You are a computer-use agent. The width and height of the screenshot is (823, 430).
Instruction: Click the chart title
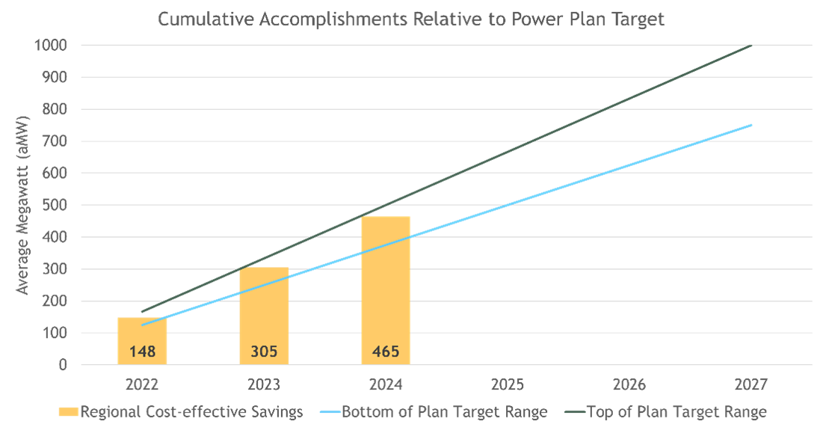click(411, 19)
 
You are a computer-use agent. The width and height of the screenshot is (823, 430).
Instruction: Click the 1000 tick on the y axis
click(52, 45)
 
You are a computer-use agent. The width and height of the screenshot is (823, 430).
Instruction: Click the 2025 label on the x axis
click(508, 386)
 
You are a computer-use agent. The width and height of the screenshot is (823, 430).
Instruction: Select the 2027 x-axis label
click(751, 386)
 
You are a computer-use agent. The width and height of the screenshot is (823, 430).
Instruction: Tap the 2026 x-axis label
click(629, 386)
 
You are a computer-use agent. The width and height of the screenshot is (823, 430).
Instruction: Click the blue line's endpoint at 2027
click(751, 125)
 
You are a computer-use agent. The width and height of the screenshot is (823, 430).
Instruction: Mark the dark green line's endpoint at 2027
click(751, 46)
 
